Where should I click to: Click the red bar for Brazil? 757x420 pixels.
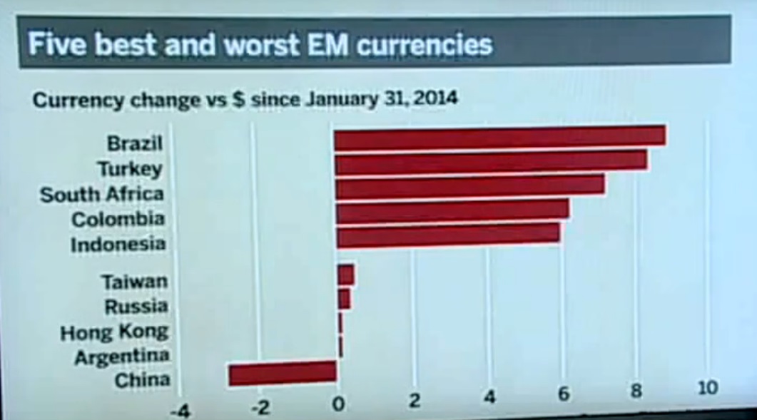pos(499,137)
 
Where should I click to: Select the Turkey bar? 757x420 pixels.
pos(491,162)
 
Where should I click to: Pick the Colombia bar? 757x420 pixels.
pos(452,211)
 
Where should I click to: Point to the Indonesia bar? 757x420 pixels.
pos(447,236)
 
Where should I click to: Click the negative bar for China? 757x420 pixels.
pos(282,373)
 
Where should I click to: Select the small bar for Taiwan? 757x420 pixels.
pos(345,275)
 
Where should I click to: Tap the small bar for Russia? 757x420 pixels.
pos(343,299)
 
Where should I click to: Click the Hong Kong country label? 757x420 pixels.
pos(114,332)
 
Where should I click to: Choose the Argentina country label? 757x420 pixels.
pos(122,356)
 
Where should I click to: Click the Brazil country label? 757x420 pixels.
pos(135,143)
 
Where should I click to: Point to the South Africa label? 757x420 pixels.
pos(102,194)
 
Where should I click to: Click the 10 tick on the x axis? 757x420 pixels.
pos(708,388)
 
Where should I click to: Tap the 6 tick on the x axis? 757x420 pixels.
pos(564,394)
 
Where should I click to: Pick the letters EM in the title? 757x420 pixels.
pos(326,44)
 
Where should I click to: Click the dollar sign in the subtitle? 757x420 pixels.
pos(239,99)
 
